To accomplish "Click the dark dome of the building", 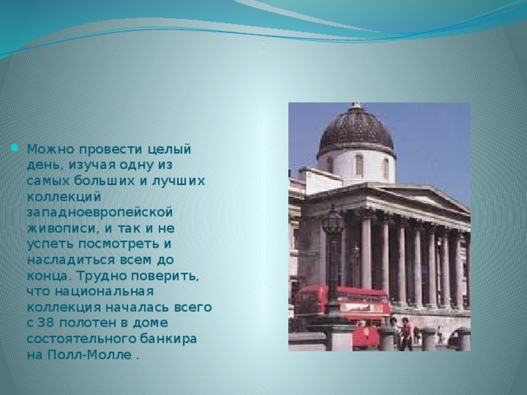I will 357,131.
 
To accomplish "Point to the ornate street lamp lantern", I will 333,222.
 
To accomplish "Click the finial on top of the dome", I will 357,106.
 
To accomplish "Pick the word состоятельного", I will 81,338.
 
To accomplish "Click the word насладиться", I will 67,259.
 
